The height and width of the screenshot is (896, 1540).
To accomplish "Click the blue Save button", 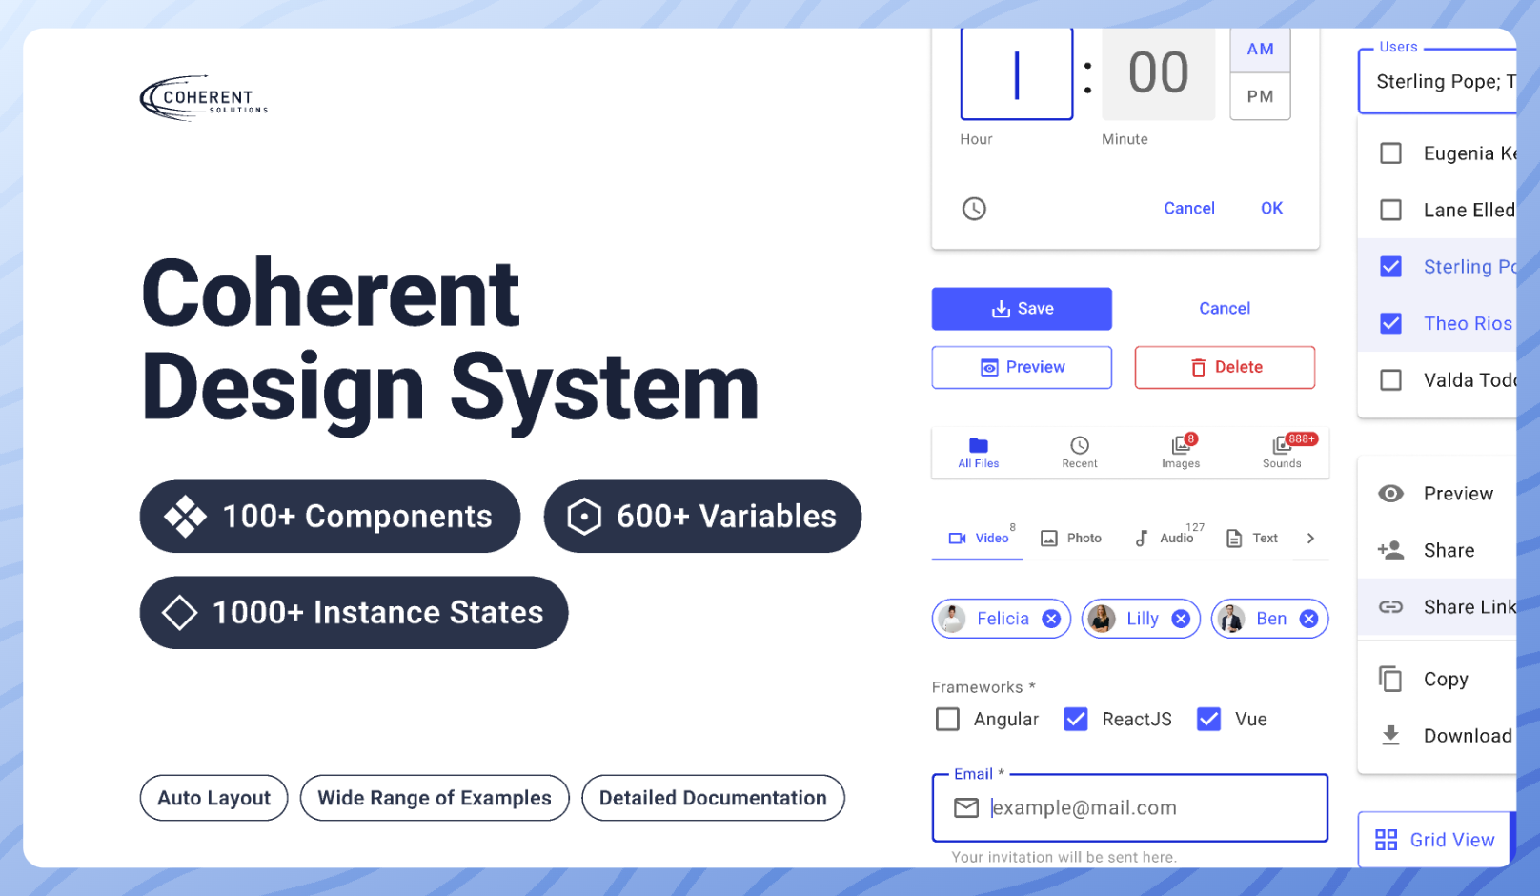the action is click(x=1022, y=309).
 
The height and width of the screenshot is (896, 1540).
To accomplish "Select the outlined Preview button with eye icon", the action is click(x=1022, y=367).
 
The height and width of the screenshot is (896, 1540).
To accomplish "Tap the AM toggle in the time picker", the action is click(x=1260, y=49).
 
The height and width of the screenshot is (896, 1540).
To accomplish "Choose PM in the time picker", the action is click(x=1260, y=96).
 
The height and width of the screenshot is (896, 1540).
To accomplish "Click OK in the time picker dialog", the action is click(x=1271, y=209).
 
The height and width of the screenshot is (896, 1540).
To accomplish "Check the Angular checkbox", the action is click(x=947, y=720).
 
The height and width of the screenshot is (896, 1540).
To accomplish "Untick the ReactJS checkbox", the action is click(x=1075, y=720).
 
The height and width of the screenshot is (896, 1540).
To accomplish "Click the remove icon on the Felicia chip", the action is click(x=1050, y=619).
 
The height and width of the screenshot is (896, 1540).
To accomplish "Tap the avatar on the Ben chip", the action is click(x=1231, y=619).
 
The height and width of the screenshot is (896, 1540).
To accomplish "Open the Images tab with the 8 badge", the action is click(x=1181, y=452).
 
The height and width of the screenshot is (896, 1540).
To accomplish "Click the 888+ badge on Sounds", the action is click(x=1301, y=438).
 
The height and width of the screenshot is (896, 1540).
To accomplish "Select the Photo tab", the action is click(x=1071, y=538).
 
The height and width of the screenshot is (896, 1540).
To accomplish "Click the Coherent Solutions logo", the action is click(x=204, y=98).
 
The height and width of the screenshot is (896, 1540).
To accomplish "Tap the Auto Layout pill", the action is click(x=213, y=798).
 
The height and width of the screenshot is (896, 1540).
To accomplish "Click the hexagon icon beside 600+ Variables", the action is click(x=583, y=517).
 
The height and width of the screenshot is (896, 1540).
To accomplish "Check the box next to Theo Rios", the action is click(x=1390, y=323).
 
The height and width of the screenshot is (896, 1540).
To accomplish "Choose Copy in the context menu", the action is click(x=1445, y=679).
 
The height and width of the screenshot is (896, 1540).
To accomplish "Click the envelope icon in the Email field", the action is click(x=966, y=808).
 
